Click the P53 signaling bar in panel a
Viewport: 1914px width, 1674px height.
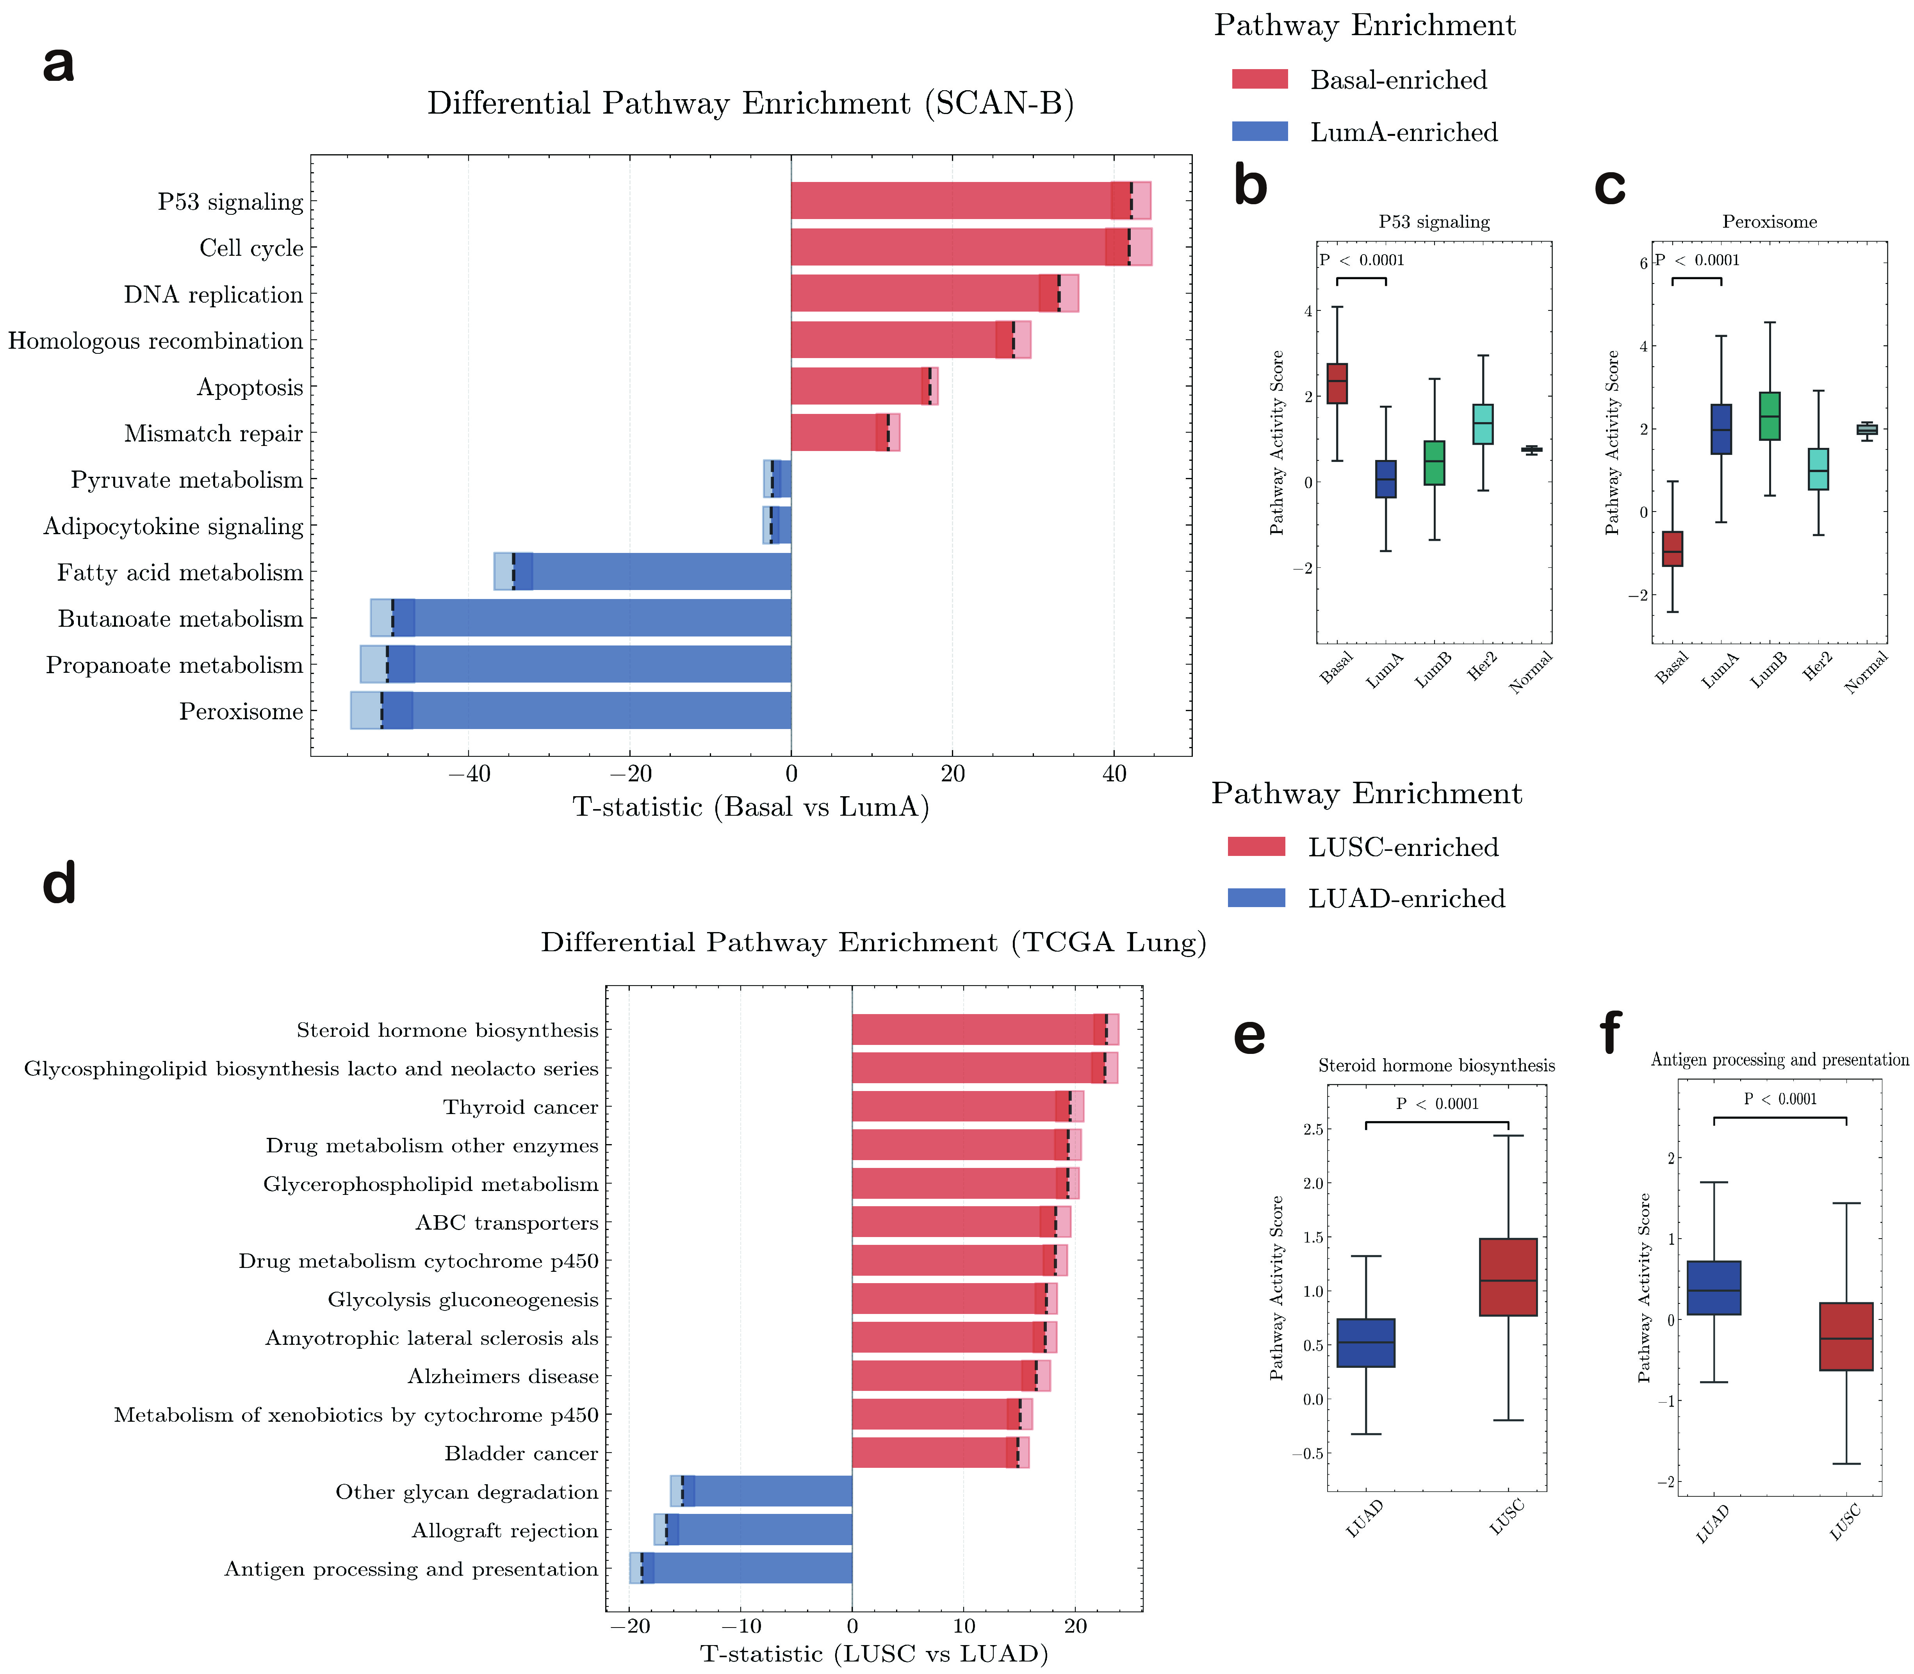(x=953, y=201)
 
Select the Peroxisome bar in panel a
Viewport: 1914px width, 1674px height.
(x=598, y=711)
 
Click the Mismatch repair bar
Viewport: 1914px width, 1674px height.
(x=836, y=433)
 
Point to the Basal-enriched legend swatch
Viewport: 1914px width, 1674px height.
(x=1259, y=79)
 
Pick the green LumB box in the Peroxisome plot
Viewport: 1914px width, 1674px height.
(x=1769, y=416)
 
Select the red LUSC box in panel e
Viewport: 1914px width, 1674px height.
(x=1508, y=1277)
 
